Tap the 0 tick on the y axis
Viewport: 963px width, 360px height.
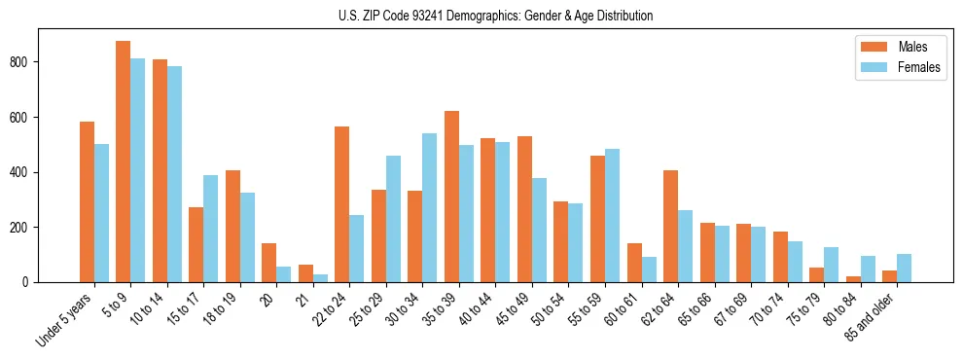(x=30, y=282)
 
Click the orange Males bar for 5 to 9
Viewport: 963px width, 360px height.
(x=124, y=162)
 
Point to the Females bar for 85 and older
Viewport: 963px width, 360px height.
(x=904, y=269)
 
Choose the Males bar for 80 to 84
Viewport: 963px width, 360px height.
(x=853, y=279)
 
